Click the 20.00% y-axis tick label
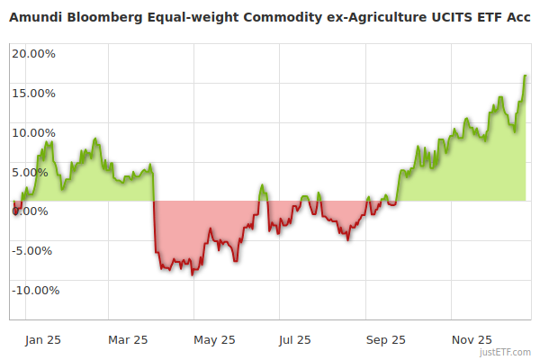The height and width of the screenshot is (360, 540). (33, 53)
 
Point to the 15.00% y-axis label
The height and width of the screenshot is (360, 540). (33, 93)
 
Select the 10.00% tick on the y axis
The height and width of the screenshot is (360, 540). (33, 132)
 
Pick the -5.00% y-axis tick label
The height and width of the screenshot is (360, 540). (34, 251)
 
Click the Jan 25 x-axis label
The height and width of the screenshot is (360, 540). (43, 340)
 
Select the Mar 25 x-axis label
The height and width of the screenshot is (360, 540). (128, 340)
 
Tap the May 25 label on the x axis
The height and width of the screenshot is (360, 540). (214, 340)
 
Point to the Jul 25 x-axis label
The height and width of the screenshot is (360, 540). (295, 340)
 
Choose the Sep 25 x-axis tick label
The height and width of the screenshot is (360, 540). (386, 340)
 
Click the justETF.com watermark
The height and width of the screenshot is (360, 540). (507, 353)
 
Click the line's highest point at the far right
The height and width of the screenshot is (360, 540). (526, 76)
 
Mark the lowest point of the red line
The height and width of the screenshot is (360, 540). (192, 274)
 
